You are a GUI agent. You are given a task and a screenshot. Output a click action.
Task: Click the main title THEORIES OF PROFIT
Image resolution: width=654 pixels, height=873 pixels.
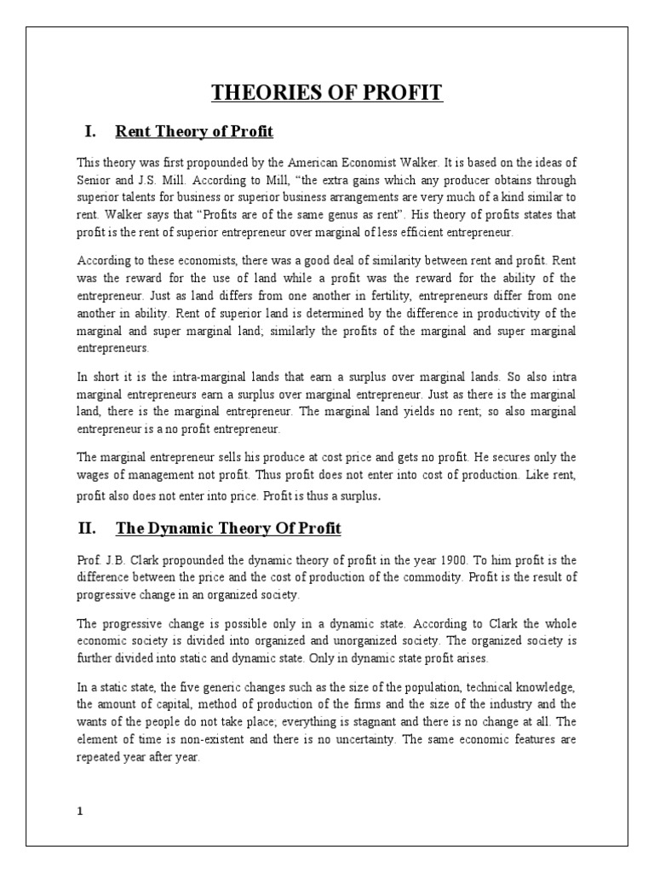(x=327, y=92)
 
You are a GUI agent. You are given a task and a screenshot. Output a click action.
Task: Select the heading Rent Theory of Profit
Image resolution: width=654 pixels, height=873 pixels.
(x=194, y=131)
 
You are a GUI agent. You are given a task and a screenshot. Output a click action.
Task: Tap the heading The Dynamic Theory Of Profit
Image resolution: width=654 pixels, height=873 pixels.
(x=228, y=529)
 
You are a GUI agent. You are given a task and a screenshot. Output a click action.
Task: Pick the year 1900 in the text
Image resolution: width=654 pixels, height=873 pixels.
(x=462, y=560)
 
